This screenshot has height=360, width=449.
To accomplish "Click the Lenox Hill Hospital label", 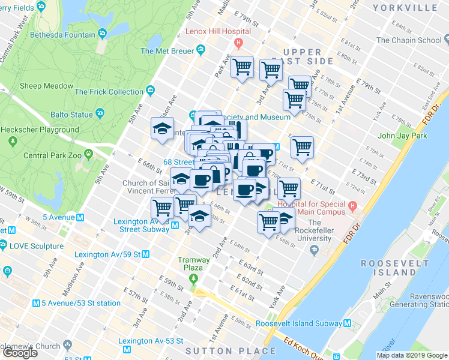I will click(x=217, y=31).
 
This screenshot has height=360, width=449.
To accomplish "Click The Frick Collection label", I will click(x=109, y=92).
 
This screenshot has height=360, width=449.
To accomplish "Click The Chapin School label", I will click(x=409, y=40).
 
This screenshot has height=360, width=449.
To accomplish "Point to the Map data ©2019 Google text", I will click(x=411, y=355).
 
